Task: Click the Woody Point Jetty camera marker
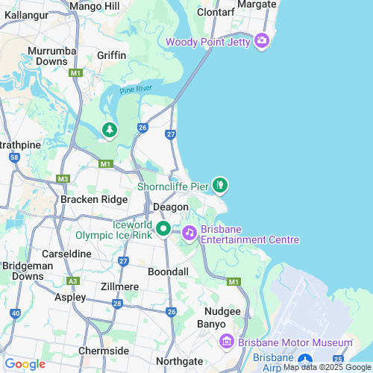tap(261, 40)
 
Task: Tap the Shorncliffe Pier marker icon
tap(219, 184)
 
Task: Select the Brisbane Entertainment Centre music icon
tap(189, 233)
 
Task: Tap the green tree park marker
tap(110, 131)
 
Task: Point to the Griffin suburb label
tap(111, 55)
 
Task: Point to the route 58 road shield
tap(14, 157)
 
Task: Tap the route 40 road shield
tap(16, 313)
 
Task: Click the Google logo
tap(25, 363)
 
